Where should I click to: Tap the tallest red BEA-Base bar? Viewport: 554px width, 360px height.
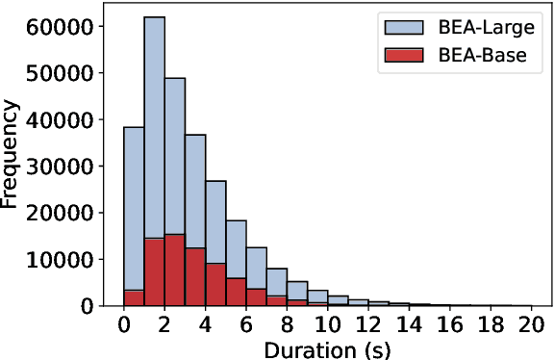[x=175, y=270]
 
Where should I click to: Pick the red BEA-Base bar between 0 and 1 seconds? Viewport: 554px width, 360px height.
[x=134, y=297]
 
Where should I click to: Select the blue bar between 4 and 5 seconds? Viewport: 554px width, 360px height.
[x=216, y=221]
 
